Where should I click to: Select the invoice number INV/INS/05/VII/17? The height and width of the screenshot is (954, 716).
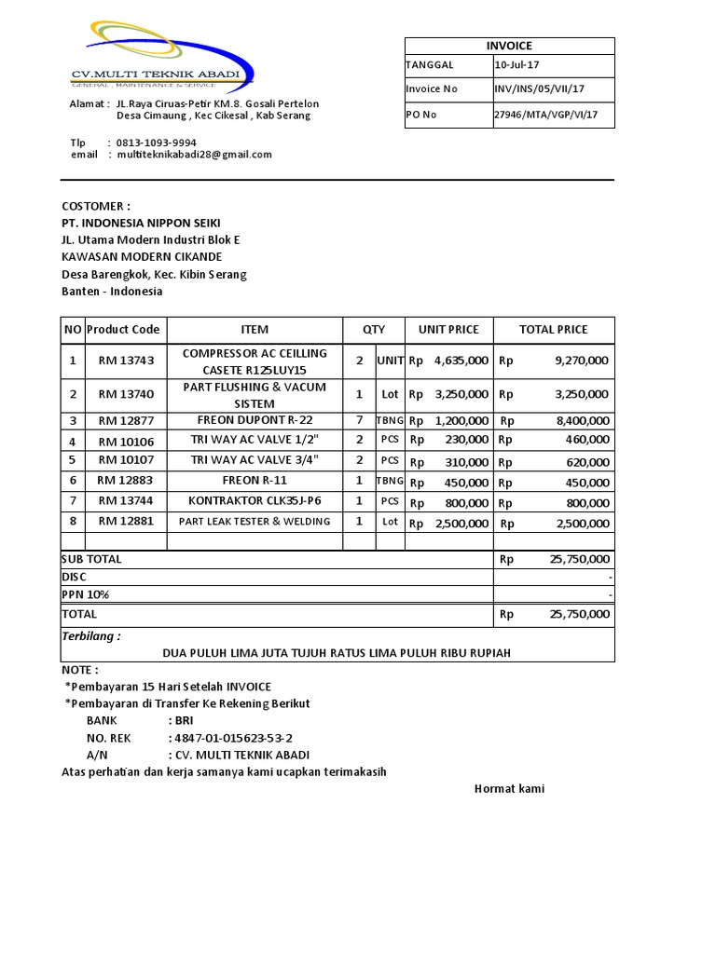click(x=539, y=89)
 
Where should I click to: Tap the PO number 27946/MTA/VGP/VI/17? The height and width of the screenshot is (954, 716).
click(x=545, y=116)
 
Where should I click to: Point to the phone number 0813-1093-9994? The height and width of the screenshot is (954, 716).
click(x=156, y=143)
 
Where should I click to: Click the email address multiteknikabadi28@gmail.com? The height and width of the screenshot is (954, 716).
click(x=194, y=155)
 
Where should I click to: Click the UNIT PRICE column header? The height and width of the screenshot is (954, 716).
click(x=448, y=330)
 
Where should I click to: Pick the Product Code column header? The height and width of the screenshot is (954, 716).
click(x=123, y=330)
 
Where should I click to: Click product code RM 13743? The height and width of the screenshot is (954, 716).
click(x=126, y=360)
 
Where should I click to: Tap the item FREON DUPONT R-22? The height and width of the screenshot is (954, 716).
click(x=255, y=420)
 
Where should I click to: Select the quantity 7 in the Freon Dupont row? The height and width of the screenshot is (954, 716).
click(x=359, y=420)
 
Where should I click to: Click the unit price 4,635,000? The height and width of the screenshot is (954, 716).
click(x=461, y=360)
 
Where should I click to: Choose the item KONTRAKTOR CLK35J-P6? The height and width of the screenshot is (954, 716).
click(x=255, y=500)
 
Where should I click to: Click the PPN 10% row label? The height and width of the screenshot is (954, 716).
click(x=80, y=594)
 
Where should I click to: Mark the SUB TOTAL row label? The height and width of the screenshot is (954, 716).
click(x=91, y=559)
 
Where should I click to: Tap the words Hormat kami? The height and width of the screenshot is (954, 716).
click(x=509, y=789)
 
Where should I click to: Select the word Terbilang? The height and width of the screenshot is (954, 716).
click(x=90, y=636)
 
